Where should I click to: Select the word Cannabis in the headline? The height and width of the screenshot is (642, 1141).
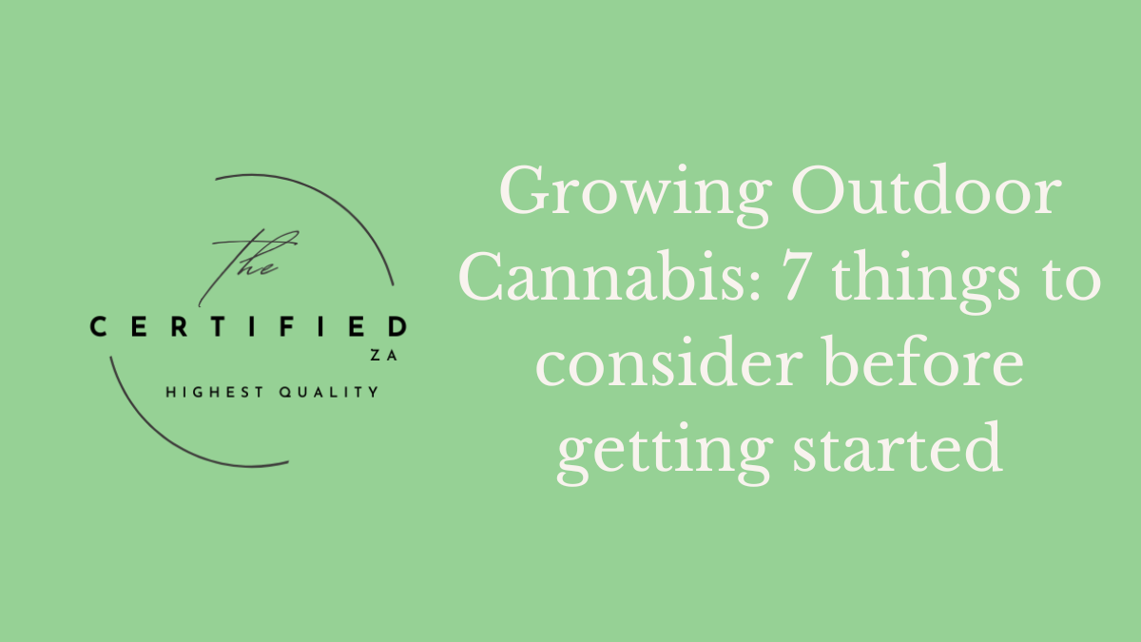tap(581, 281)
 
